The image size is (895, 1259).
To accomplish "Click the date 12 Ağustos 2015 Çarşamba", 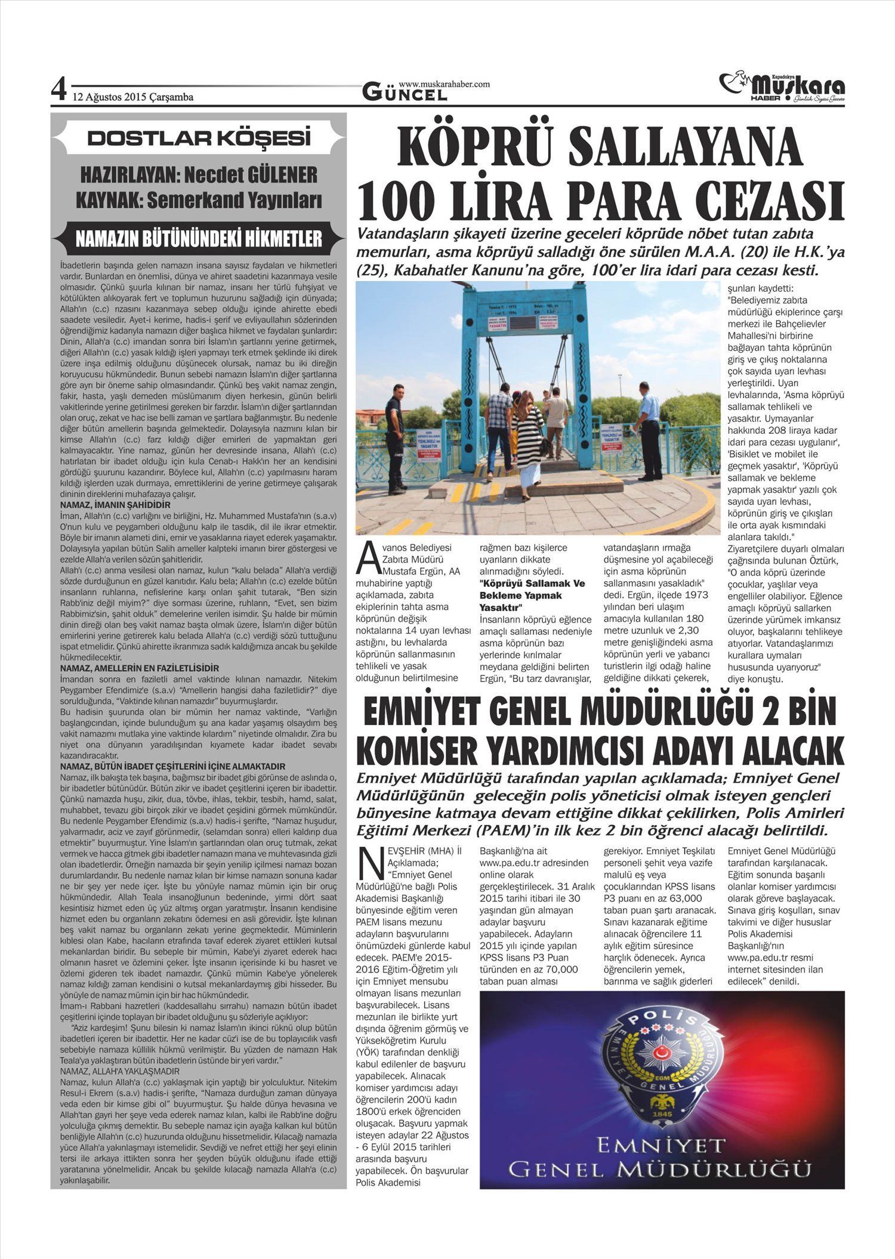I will [x=132, y=97].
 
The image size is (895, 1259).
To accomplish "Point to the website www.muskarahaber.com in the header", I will [x=444, y=84].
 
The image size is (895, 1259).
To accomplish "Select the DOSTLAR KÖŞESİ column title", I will [x=199, y=138].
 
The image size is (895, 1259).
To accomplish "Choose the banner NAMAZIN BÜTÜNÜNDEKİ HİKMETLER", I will [x=199, y=239].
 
